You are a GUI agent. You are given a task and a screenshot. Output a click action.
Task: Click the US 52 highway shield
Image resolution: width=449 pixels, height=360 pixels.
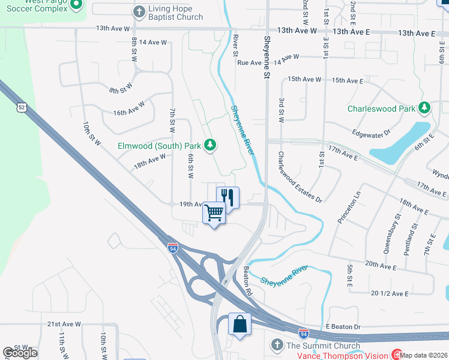[x=22, y=107]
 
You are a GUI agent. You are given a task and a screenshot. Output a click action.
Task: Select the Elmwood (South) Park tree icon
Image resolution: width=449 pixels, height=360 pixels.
[x=210, y=145]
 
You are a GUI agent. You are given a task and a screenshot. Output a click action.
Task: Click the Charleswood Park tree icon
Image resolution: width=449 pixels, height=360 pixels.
[x=425, y=109]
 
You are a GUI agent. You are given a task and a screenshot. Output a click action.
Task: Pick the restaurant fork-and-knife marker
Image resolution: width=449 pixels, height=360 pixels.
[x=228, y=196]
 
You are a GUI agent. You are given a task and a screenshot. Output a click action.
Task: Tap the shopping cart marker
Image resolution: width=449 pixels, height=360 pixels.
[x=214, y=212]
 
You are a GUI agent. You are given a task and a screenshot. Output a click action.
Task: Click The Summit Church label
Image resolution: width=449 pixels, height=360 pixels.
[x=323, y=345]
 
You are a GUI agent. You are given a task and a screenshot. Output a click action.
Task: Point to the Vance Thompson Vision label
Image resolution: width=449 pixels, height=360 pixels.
[x=342, y=355]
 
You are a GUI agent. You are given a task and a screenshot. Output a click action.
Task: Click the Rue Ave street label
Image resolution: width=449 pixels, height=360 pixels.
[x=250, y=62]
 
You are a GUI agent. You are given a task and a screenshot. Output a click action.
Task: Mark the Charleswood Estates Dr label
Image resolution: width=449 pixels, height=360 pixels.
[x=300, y=176]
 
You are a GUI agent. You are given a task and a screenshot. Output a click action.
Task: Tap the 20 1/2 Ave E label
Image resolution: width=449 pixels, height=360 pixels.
[x=390, y=293]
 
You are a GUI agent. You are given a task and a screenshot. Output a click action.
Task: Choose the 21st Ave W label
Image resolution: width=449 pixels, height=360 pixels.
[x=64, y=324]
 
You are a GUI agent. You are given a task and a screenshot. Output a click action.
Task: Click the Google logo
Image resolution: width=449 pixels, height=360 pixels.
[x=20, y=353]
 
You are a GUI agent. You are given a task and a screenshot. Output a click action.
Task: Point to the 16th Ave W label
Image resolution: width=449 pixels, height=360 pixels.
[x=129, y=109]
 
